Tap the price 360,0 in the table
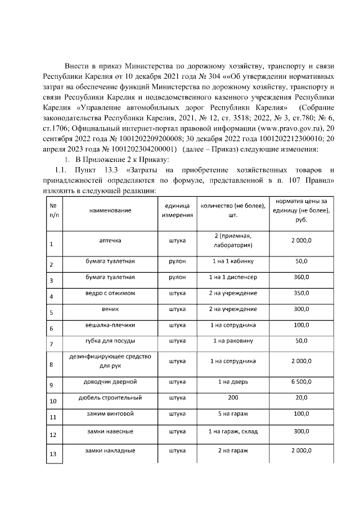(x=301, y=277)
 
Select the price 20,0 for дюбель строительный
(x=301, y=398)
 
